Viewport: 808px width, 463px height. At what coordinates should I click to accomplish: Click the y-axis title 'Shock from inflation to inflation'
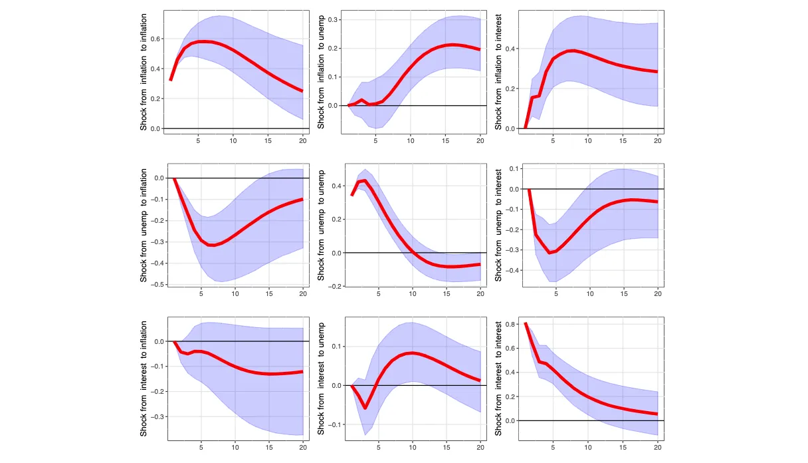coord(144,73)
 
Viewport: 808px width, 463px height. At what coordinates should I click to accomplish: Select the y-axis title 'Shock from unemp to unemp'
coord(322,226)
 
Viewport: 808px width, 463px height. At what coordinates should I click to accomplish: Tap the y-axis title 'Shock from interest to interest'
coord(499,379)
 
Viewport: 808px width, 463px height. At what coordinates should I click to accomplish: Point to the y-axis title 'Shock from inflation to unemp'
coord(322,73)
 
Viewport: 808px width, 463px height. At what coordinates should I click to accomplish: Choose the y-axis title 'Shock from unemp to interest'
coord(499,226)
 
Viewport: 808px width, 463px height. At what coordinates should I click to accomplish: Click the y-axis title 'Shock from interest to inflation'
coord(144,379)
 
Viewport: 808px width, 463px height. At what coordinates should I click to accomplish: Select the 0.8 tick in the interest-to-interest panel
coord(510,324)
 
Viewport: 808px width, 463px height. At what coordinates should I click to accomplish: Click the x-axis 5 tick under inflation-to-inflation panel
coord(198,140)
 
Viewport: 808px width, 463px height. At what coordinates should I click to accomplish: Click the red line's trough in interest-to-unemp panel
coord(365,408)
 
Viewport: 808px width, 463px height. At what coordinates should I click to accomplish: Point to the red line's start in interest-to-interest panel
coord(526,324)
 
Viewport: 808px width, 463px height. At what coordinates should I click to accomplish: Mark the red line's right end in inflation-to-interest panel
coord(657,72)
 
